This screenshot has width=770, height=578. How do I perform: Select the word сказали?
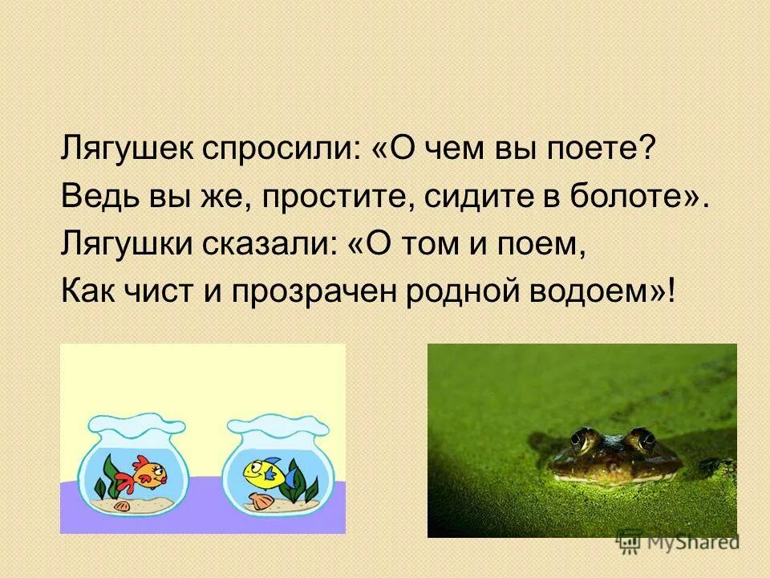265,244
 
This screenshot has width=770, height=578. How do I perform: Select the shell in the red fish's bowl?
123,505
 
